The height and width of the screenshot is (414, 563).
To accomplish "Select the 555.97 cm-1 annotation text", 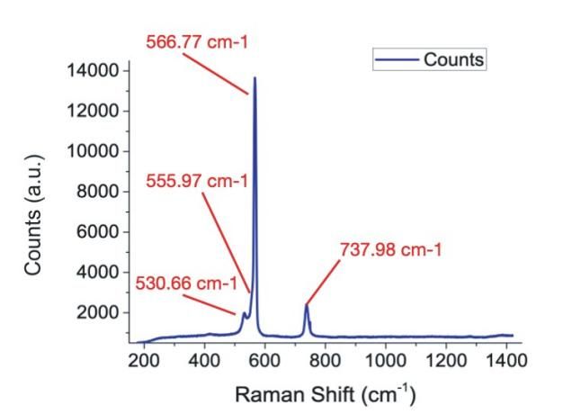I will pos(197,180).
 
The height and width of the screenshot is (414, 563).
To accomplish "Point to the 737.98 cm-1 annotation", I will pos(390,249).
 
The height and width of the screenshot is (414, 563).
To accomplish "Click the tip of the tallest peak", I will pos(255,78).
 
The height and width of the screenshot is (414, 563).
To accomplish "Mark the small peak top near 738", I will pos(306,306).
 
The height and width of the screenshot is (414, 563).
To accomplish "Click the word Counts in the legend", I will pos(455,60).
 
